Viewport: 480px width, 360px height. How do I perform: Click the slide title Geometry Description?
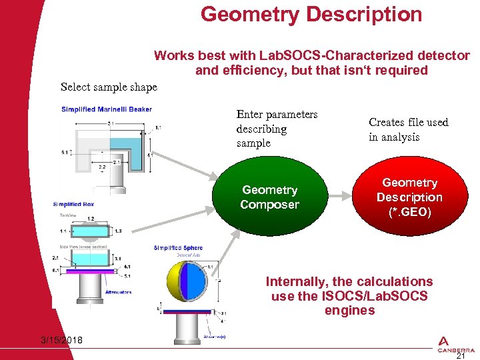pyautogui.click(x=311, y=14)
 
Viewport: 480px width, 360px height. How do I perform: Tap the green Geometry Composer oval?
pyautogui.click(x=269, y=197)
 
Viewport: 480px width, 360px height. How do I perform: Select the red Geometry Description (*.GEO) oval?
pyautogui.click(x=409, y=197)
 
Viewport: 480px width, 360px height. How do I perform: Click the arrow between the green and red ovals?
pyautogui.click(x=343, y=197)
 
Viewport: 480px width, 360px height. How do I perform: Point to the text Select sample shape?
pyautogui.click(x=109, y=87)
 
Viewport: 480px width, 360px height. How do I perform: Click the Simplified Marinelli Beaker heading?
pyautogui.click(x=106, y=109)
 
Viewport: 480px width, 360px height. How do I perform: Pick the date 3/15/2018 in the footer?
pyautogui.click(x=61, y=341)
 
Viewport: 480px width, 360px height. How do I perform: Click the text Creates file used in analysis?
pyautogui.click(x=408, y=129)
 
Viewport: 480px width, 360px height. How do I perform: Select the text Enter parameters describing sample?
pyautogui.click(x=277, y=129)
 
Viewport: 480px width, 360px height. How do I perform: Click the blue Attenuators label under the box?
pyautogui.click(x=118, y=292)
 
